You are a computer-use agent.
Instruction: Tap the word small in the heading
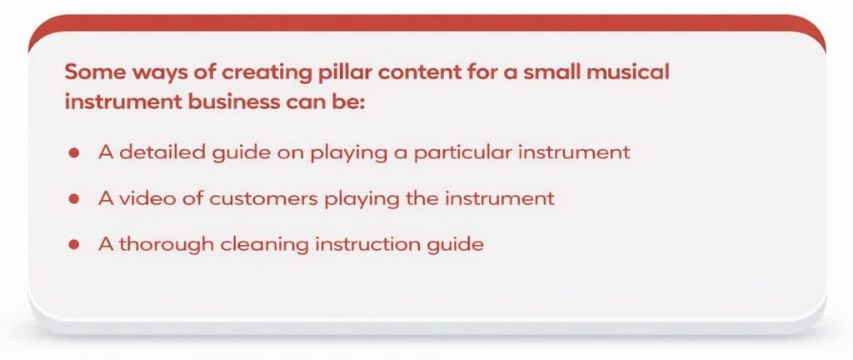pos(553,72)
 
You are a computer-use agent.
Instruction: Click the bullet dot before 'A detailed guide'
pos(74,154)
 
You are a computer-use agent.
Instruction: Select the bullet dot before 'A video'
pos(74,200)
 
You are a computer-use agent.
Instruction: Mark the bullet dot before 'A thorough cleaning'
pos(74,246)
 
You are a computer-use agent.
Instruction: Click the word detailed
pos(152,153)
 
